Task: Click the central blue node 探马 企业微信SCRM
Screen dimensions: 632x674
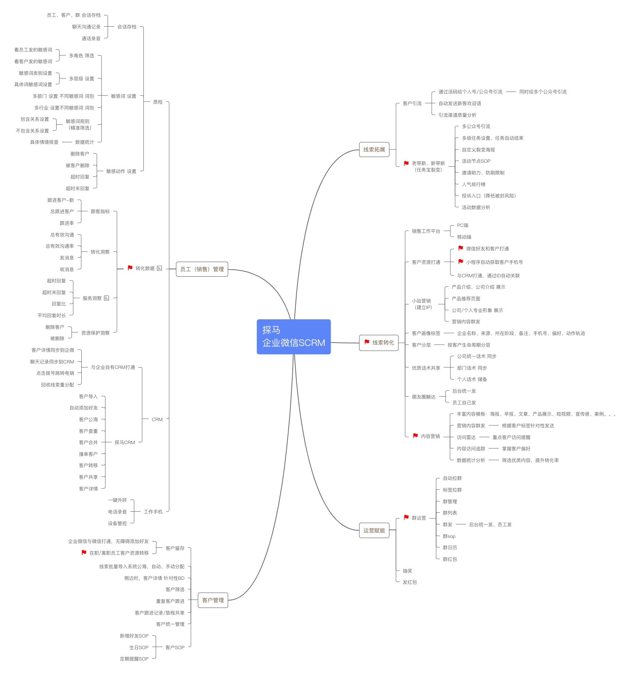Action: tap(294, 336)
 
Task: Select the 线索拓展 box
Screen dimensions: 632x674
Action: tap(374, 150)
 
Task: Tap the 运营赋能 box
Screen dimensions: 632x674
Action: tap(374, 530)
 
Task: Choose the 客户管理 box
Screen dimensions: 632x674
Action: tap(213, 600)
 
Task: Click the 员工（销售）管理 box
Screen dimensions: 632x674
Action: tap(202, 269)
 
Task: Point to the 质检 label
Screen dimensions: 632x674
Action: tap(158, 102)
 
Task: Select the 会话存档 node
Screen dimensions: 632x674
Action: tap(127, 27)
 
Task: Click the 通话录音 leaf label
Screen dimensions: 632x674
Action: tap(91, 38)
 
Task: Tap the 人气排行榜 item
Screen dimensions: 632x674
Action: tap(474, 184)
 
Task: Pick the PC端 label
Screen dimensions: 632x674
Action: tap(462, 225)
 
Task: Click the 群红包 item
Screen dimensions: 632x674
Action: tap(450, 559)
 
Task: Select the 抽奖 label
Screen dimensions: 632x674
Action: tap(407, 571)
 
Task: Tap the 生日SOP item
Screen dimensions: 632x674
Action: tap(139, 647)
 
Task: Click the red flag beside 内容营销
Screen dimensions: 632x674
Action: tap(415, 436)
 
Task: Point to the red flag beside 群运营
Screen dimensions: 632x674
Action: tap(406, 517)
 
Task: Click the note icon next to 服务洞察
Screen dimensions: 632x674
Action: tap(106, 298)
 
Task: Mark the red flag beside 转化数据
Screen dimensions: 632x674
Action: tap(130, 268)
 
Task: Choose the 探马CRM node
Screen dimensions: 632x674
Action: tap(125, 442)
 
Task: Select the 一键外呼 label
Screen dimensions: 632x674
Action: tap(117, 500)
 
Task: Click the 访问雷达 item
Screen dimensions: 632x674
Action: tap(466, 437)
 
